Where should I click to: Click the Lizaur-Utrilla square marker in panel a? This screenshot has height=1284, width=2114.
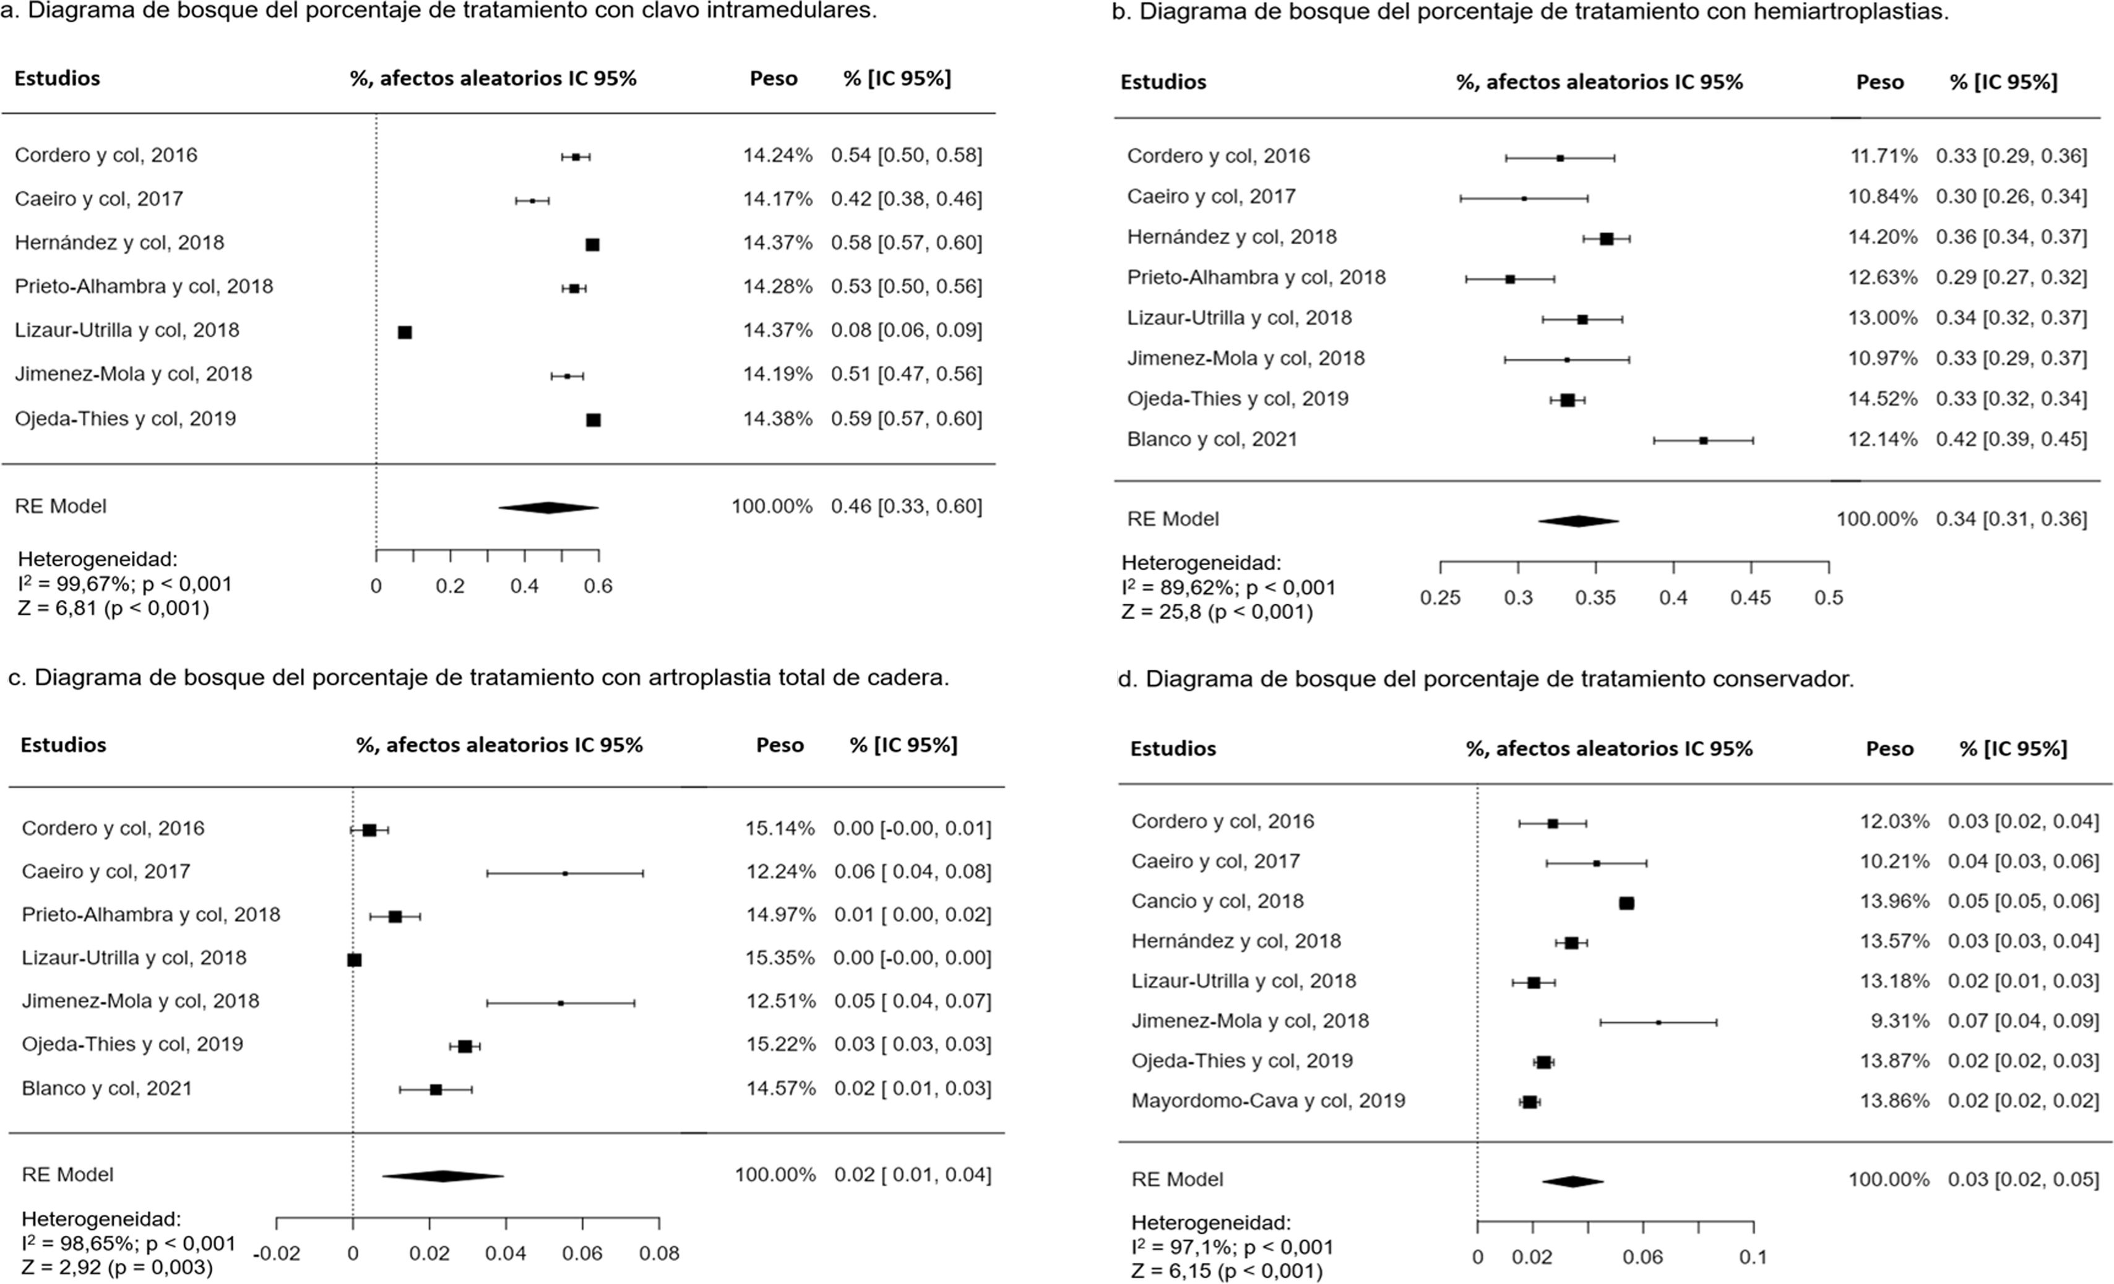click(405, 332)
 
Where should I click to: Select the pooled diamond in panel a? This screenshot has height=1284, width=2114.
click(548, 508)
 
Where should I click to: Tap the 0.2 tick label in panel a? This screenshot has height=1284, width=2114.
click(449, 587)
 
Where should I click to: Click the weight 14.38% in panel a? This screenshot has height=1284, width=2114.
click(777, 419)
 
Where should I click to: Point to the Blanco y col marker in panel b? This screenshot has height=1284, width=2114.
click(1703, 440)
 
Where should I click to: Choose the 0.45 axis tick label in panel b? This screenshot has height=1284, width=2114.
click(1750, 598)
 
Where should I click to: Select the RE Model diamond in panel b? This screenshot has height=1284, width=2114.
click(1578, 521)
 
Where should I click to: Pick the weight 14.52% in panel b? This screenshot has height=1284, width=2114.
click(1883, 399)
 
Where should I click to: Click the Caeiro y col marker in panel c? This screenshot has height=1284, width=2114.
click(564, 873)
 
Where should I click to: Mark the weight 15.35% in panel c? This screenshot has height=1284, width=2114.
click(780, 957)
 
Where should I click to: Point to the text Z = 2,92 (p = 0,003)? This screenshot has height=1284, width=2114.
click(117, 1267)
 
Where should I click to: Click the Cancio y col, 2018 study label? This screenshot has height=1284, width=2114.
click(1217, 901)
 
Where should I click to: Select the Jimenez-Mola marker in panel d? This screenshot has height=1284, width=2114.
click(1659, 1022)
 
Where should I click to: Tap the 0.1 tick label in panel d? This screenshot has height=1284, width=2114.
click(1753, 1257)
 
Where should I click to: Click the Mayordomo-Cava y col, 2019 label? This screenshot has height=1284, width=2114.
click(1268, 1100)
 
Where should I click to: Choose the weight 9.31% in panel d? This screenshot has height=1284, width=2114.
click(1899, 1021)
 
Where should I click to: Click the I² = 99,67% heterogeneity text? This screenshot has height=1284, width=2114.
click(125, 584)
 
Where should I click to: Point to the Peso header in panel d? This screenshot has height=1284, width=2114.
click(1889, 749)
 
